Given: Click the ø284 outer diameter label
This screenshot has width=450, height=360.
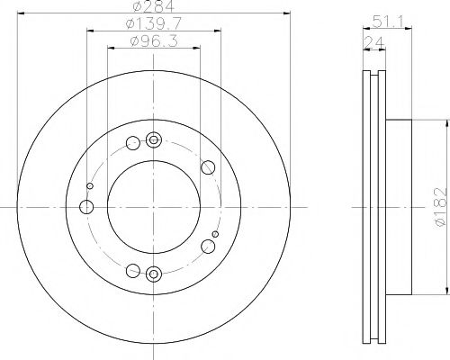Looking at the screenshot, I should pyautogui.click(x=151, y=9).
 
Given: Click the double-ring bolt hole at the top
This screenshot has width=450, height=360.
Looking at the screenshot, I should pyautogui.click(x=153, y=139).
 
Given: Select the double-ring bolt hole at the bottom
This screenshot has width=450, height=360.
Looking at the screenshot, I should pyautogui.click(x=153, y=274).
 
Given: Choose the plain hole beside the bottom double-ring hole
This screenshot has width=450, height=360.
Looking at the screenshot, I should pyautogui.click(x=133, y=270).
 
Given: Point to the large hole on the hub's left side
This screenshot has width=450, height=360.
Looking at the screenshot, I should pyautogui.click(x=87, y=208).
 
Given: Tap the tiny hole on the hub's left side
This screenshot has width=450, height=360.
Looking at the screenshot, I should pyautogui.click(x=89, y=187).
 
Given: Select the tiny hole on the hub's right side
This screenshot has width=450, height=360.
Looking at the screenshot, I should pyautogui.click(x=214, y=234).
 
